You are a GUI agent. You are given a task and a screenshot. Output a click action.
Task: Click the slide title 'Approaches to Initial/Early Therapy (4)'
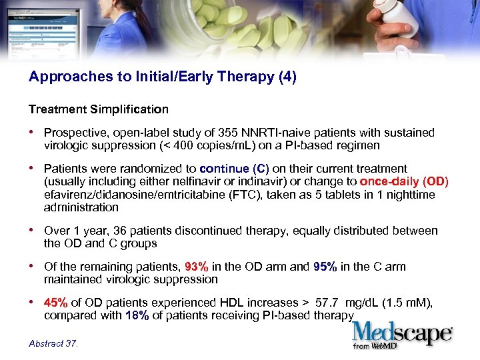tap(162, 77)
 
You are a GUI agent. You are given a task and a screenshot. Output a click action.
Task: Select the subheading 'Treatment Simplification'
tap(98, 109)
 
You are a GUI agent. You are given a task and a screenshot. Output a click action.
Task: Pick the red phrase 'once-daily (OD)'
tap(404, 182)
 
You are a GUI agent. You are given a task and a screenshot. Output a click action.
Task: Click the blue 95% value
tap(325, 267)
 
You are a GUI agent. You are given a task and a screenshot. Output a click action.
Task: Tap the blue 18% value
tap(137, 315)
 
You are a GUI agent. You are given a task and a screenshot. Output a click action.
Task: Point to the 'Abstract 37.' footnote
tap(53, 344)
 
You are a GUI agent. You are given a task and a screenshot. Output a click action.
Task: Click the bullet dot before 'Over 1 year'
tap(33, 231)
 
